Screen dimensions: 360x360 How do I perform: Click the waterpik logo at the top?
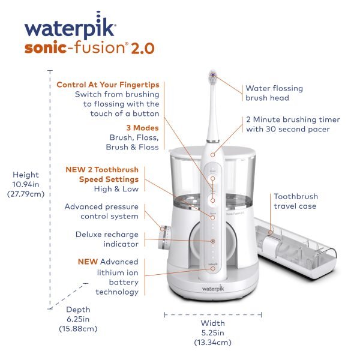point(70,28)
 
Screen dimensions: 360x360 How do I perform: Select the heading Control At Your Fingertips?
point(107,85)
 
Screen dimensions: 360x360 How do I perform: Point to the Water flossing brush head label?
point(274,93)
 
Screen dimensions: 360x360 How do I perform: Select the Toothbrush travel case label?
point(296,201)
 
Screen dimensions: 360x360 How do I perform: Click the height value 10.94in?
point(26,185)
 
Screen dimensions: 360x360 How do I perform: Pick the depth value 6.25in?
point(77,319)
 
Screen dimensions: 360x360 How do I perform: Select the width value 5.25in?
point(212,332)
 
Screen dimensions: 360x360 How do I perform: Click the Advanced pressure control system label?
point(101,211)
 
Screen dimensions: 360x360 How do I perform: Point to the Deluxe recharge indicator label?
point(107,239)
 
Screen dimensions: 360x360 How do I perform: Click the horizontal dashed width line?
point(212,313)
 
